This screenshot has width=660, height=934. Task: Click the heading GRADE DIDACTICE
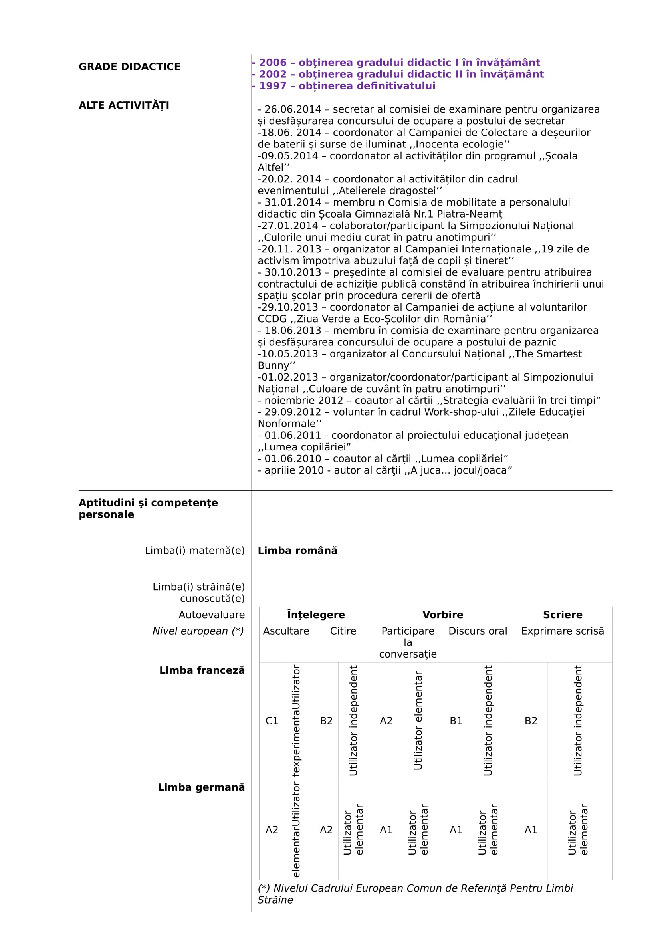pos(129,67)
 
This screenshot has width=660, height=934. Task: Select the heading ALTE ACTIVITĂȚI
pos(124,105)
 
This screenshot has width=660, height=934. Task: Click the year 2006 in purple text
pos(273,63)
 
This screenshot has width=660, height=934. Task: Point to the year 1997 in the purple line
pos(273,86)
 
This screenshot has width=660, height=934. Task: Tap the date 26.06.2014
pos(293,109)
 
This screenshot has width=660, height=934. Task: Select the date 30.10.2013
pos(293,272)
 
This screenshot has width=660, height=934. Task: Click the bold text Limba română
pos(297,550)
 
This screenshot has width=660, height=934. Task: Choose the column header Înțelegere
pos(315,614)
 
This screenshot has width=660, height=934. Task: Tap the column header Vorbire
pos(442,614)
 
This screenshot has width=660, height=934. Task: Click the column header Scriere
pos(563,614)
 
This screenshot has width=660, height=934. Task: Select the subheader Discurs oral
pos(478,631)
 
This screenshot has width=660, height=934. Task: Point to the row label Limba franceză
pos(202,670)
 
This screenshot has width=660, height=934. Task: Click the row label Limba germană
pos(201,787)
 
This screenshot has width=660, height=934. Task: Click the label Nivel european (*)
pos(198,631)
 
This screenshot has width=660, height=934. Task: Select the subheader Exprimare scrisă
pos(563,631)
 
